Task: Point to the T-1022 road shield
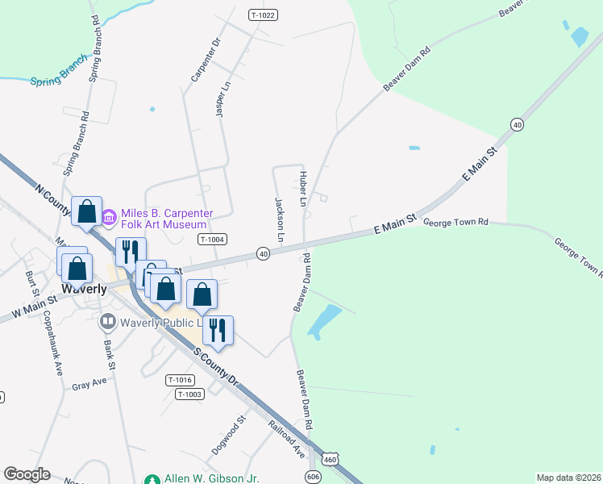tap(263, 15)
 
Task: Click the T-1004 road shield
tap(212, 239)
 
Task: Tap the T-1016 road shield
tap(180, 379)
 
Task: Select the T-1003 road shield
tap(190, 394)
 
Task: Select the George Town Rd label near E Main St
tap(456, 222)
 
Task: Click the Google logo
tap(27, 474)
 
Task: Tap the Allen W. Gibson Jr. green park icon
tap(151, 479)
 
